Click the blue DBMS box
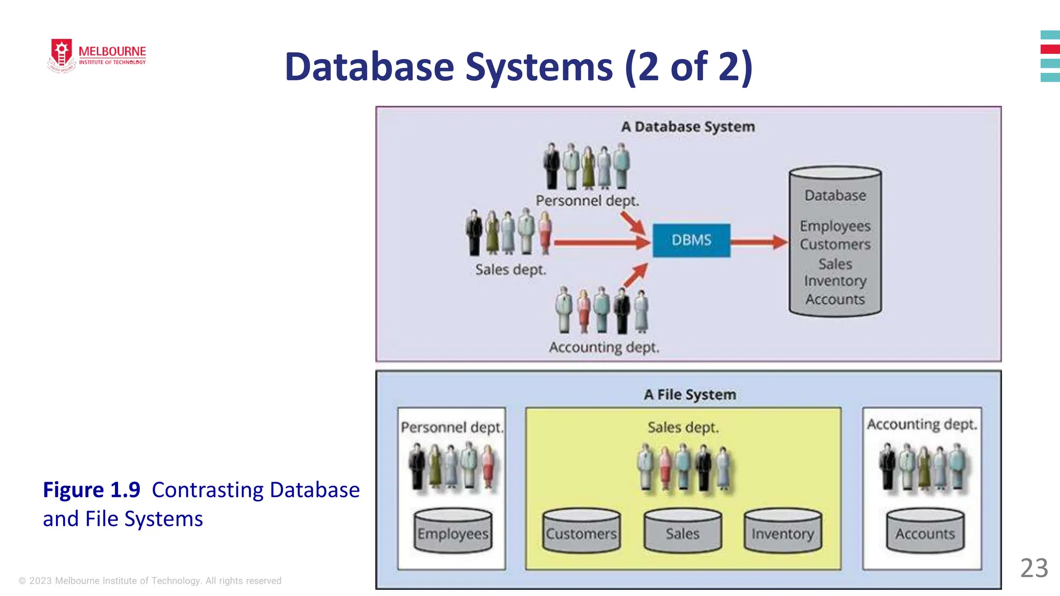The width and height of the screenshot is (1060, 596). click(x=691, y=240)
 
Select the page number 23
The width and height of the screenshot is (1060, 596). click(x=1034, y=568)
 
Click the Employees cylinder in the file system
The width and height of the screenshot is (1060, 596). click(x=453, y=531)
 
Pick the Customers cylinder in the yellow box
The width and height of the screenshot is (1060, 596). click(x=581, y=531)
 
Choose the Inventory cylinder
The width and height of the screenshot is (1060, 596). click(x=783, y=531)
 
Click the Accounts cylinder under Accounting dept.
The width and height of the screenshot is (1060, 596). click(x=925, y=531)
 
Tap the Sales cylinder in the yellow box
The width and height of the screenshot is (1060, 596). click(x=682, y=531)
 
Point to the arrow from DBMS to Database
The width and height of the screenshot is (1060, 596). click(x=759, y=242)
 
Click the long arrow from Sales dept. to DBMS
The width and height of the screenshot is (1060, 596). click(x=600, y=242)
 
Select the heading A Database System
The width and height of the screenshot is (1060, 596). click(x=688, y=127)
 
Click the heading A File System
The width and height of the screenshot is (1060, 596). click(x=689, y=395)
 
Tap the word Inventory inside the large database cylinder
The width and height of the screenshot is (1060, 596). click(x=835, y=281)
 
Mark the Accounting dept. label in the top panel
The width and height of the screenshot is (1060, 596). click(x=604, y=347)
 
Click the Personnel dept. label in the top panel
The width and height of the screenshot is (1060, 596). click(x=587, y=201)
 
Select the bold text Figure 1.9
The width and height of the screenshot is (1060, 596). click(x=92, y=489)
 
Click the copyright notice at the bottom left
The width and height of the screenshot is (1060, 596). click(x=150, y=580)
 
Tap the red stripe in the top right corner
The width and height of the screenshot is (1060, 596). click(x=1050, y=49)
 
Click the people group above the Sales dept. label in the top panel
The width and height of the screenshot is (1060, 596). click(x=509, y=232)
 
